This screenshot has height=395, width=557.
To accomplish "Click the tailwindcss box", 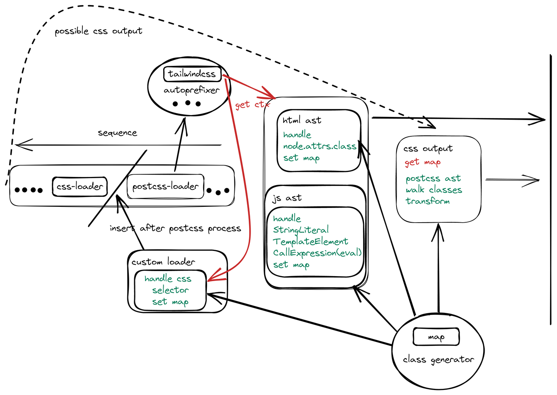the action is tap(192, 74).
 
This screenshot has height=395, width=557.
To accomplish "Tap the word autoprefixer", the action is tap(191, 90).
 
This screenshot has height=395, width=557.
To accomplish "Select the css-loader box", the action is tap(80, 186).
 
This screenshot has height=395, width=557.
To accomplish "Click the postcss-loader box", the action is tap(166, 186).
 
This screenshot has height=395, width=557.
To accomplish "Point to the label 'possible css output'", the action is tap(99, 31).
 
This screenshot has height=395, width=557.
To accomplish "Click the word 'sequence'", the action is tap(117, 133).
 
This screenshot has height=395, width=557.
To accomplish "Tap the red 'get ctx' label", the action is tap(252, 105).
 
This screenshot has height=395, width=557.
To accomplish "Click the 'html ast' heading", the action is tap(302, 120).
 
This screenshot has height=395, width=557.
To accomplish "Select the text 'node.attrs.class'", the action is tap(320, 146).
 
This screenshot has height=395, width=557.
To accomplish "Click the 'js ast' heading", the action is tap(287, 198).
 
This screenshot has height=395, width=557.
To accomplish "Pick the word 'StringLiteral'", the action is tap(301, 230).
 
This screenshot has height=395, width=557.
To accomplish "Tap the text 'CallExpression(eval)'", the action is tap(317, 253).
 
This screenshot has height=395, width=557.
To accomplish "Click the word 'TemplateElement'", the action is tap(311, 241).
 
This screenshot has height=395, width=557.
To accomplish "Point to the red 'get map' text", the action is tap(422, 162).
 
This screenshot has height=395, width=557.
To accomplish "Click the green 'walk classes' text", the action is tap(434, 190).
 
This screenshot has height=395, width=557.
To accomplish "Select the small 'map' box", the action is tap(436, 337).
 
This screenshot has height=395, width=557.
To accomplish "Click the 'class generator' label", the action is tap(438, 360).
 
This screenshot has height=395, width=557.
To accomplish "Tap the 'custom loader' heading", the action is tap(163, 262).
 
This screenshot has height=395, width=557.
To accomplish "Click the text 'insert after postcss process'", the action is tap(175, 228).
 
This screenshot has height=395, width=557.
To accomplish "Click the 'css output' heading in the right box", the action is tap(428, 149).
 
